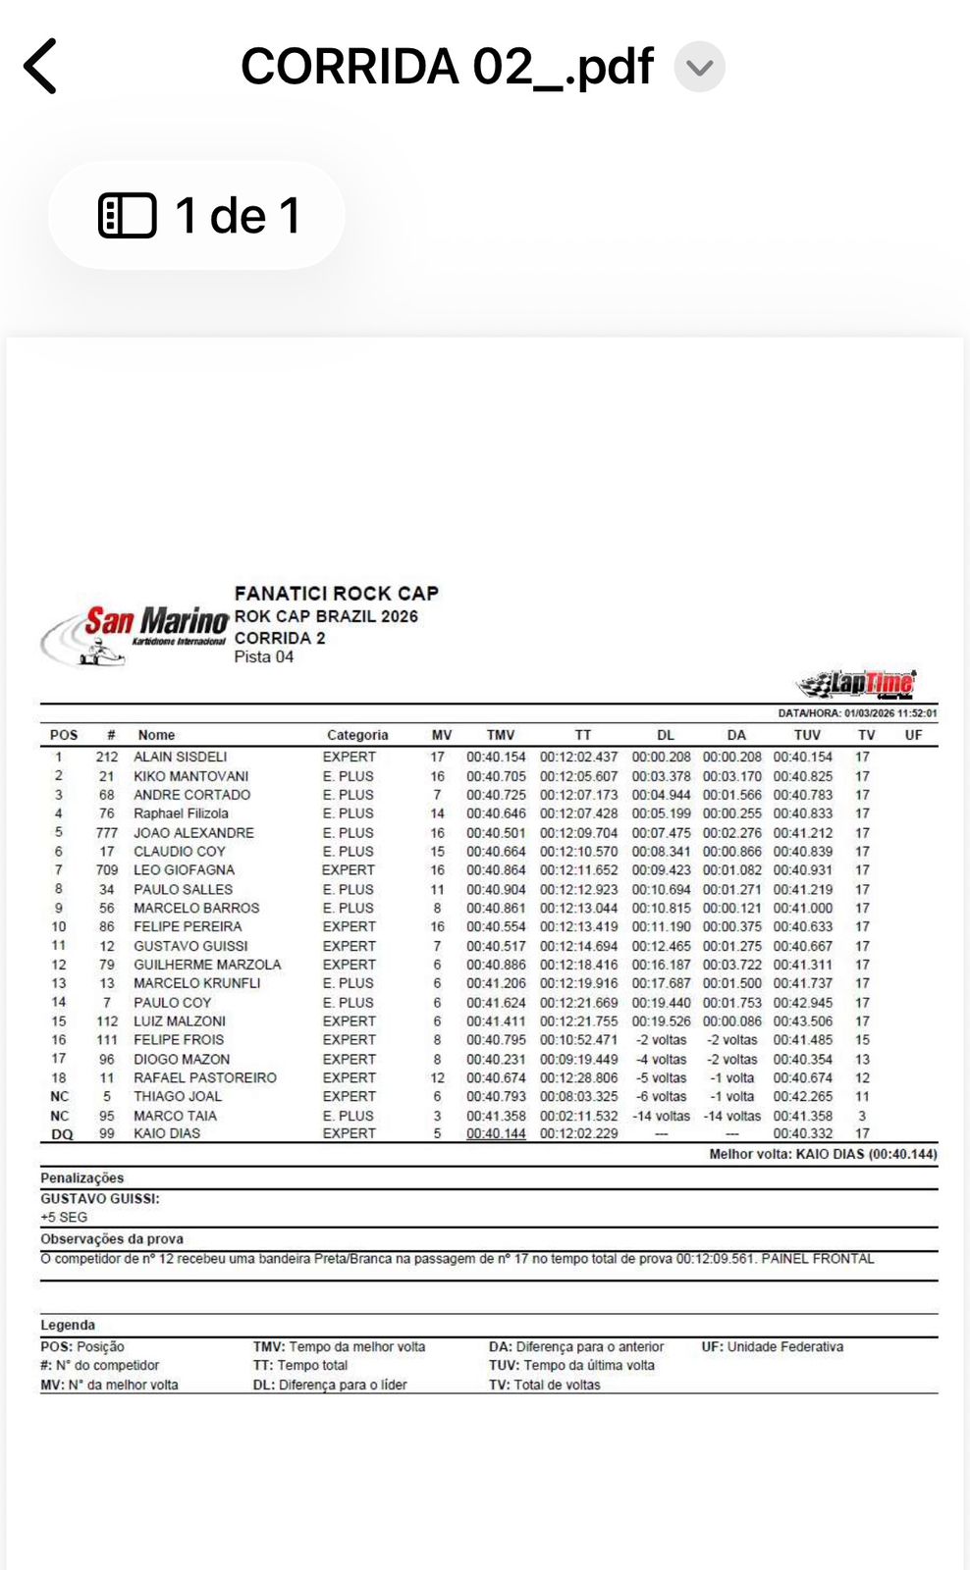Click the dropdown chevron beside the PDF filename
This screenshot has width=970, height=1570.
(x=699, y=68)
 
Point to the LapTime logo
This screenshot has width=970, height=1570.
(x=857, y=683)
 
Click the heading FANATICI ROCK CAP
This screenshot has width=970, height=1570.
(x=336, y=594)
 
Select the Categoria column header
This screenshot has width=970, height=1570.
(x=357, y=735)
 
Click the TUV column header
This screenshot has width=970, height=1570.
(x=807, y=735)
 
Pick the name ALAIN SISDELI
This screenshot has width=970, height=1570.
(x=181, y=757)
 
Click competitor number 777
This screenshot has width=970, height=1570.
(x=106, y=833)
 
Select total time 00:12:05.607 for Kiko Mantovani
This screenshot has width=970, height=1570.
(x=578, y=776)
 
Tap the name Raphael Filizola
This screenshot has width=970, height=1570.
(x=181, y=813)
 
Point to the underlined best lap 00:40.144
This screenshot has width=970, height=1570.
(x=496, y=1134)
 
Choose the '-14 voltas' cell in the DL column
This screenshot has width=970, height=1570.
(x=661, y=1116)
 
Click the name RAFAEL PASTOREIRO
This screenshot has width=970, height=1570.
(x=205, y=1077)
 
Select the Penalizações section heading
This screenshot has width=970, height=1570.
(x=82, y=1178)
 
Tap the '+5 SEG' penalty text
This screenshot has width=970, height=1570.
(x=64, y=1218)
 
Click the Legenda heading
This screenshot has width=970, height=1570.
(x=68, y=1326)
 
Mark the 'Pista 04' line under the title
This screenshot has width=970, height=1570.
(x=263, y=657)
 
